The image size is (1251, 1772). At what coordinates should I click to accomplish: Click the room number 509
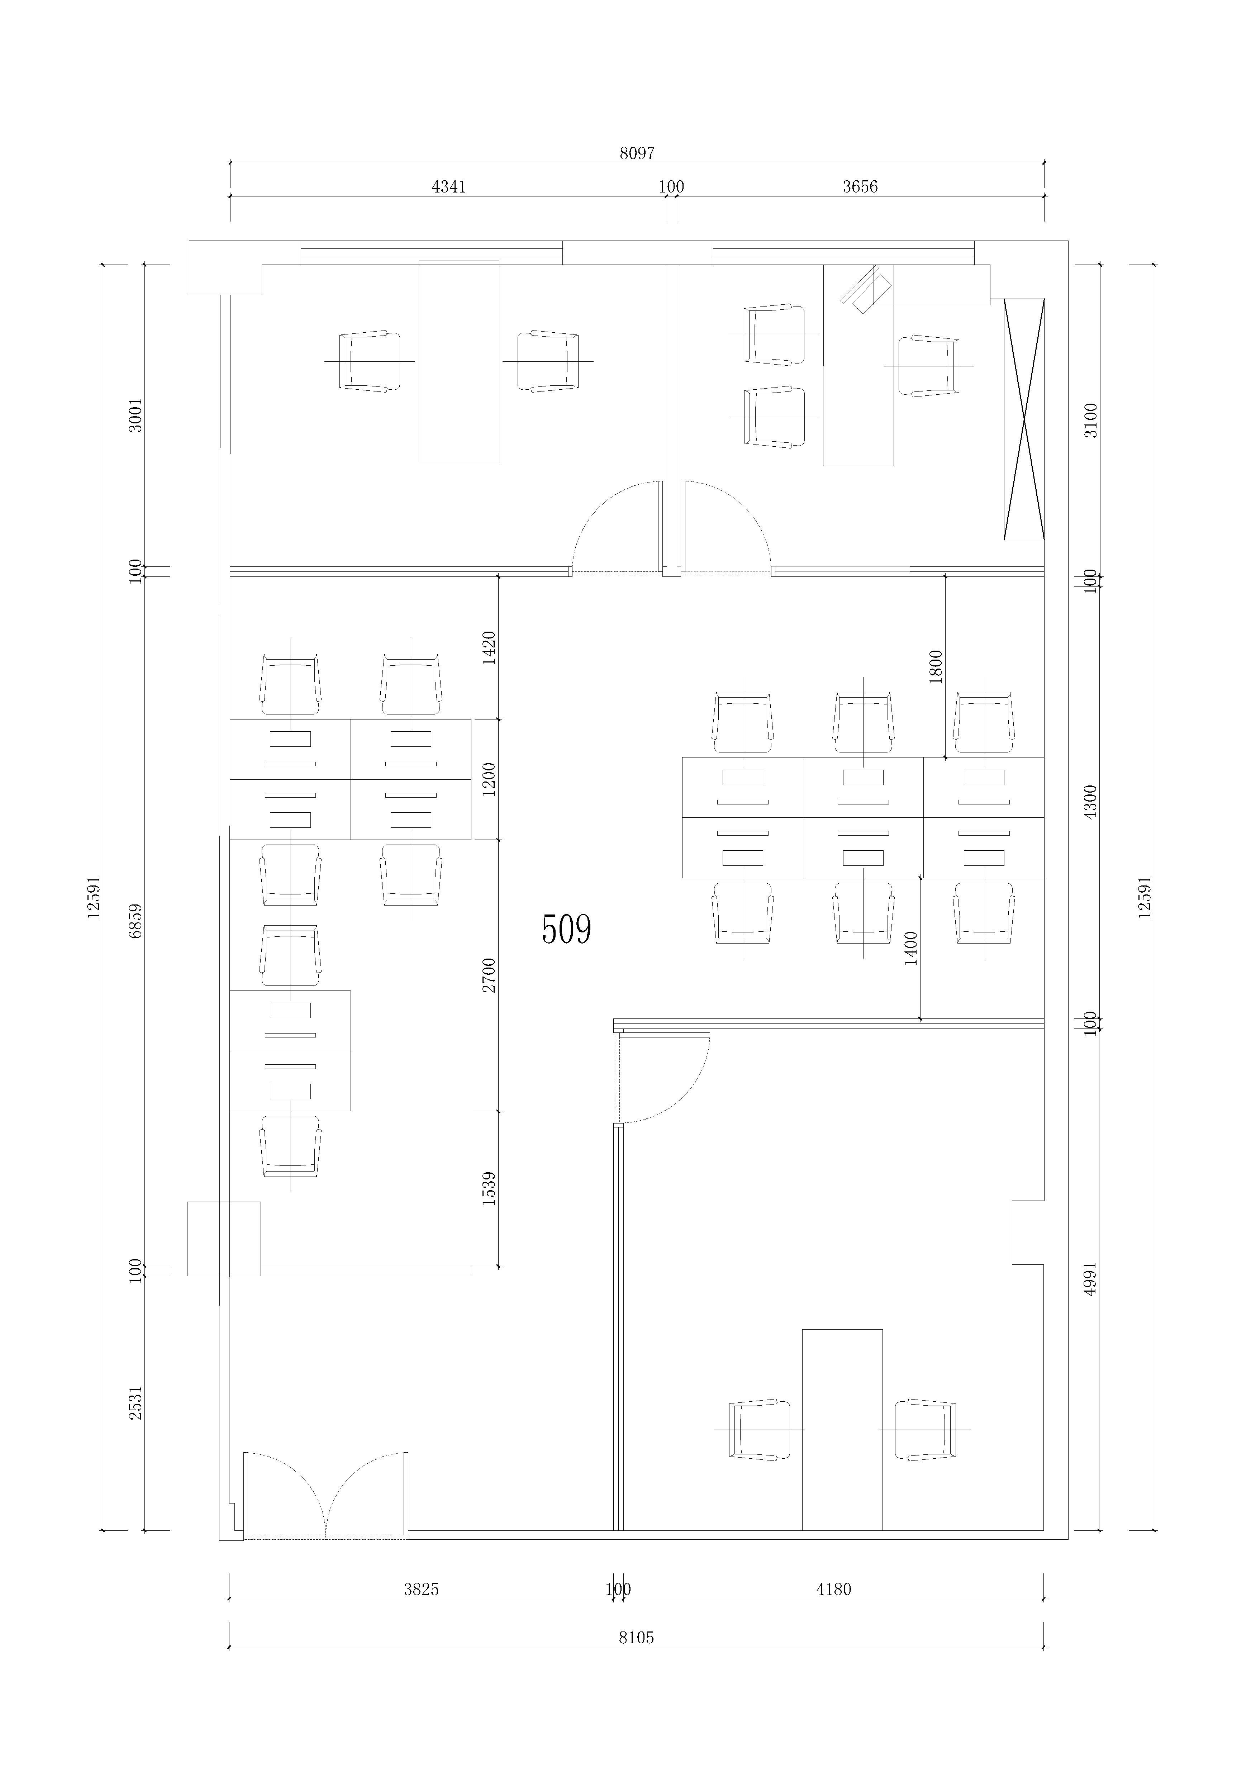pos(566,930)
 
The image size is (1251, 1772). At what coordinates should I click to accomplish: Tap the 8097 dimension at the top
pos(637,153)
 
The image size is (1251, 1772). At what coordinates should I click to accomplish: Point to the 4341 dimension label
pos(448,187)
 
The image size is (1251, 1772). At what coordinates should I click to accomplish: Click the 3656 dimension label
pos(860,187)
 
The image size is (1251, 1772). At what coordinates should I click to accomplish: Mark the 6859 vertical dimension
pos(136,921)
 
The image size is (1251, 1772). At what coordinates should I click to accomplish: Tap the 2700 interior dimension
pos(489,975)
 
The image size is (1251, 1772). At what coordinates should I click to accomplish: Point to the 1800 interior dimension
pos(935,667)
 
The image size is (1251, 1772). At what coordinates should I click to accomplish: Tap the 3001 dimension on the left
pos(136,415)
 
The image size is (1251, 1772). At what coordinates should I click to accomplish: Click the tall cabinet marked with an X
pos(1024,419)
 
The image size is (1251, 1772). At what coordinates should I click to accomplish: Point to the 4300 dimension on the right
pos(1090,802)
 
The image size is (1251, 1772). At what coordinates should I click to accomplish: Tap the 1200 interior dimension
pos(489,779)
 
